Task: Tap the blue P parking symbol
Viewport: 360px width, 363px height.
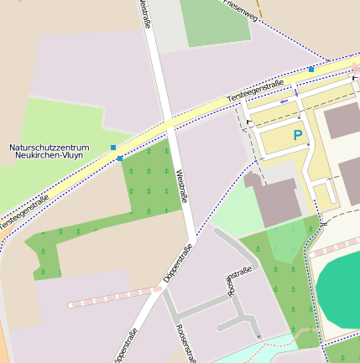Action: [297, 135]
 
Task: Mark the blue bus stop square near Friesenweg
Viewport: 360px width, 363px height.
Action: [311, 69]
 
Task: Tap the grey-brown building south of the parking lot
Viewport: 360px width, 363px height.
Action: [274, 198]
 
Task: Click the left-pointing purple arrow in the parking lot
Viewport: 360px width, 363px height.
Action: [284, 101]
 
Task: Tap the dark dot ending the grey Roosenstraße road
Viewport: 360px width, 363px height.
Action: [259, 336]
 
